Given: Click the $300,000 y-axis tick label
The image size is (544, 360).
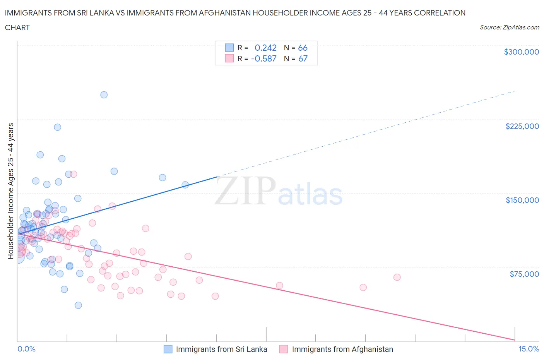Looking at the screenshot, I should tap(521, 52).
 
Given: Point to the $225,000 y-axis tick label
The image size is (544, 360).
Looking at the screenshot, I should tap(522, 126).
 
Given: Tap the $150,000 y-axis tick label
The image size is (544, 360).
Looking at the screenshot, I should tap(522, 200).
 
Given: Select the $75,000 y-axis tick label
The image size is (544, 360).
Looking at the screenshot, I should tap(524, 274).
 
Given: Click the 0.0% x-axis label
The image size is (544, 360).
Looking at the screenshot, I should tap(26, 349).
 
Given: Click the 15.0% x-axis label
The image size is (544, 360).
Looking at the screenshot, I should tap(529, 349).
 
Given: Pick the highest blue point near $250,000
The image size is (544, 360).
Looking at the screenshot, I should tap(104, 95).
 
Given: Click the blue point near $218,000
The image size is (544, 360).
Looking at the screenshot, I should tap(57, 127).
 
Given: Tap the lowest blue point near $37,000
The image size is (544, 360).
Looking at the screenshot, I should tap(78, 305).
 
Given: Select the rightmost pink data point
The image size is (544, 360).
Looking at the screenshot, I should tap(397, 277).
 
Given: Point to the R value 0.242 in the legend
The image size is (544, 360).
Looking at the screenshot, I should tap(265, 48).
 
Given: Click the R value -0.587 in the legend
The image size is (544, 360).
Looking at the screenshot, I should tap(263, 58).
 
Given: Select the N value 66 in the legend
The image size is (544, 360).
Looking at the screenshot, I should tap(303, 48).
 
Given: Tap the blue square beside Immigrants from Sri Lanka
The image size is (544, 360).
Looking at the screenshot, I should tap(168, 349).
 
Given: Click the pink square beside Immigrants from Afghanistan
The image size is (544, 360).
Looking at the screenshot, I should tap(284, 349).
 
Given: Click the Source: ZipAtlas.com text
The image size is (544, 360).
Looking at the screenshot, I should tap(509, 27).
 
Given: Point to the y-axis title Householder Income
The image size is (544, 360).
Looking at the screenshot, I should tap(10, 191).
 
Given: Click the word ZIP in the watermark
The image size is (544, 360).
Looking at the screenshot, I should tap(245, 191).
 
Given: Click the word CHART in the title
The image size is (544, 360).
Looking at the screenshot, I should tap(17, 27).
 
